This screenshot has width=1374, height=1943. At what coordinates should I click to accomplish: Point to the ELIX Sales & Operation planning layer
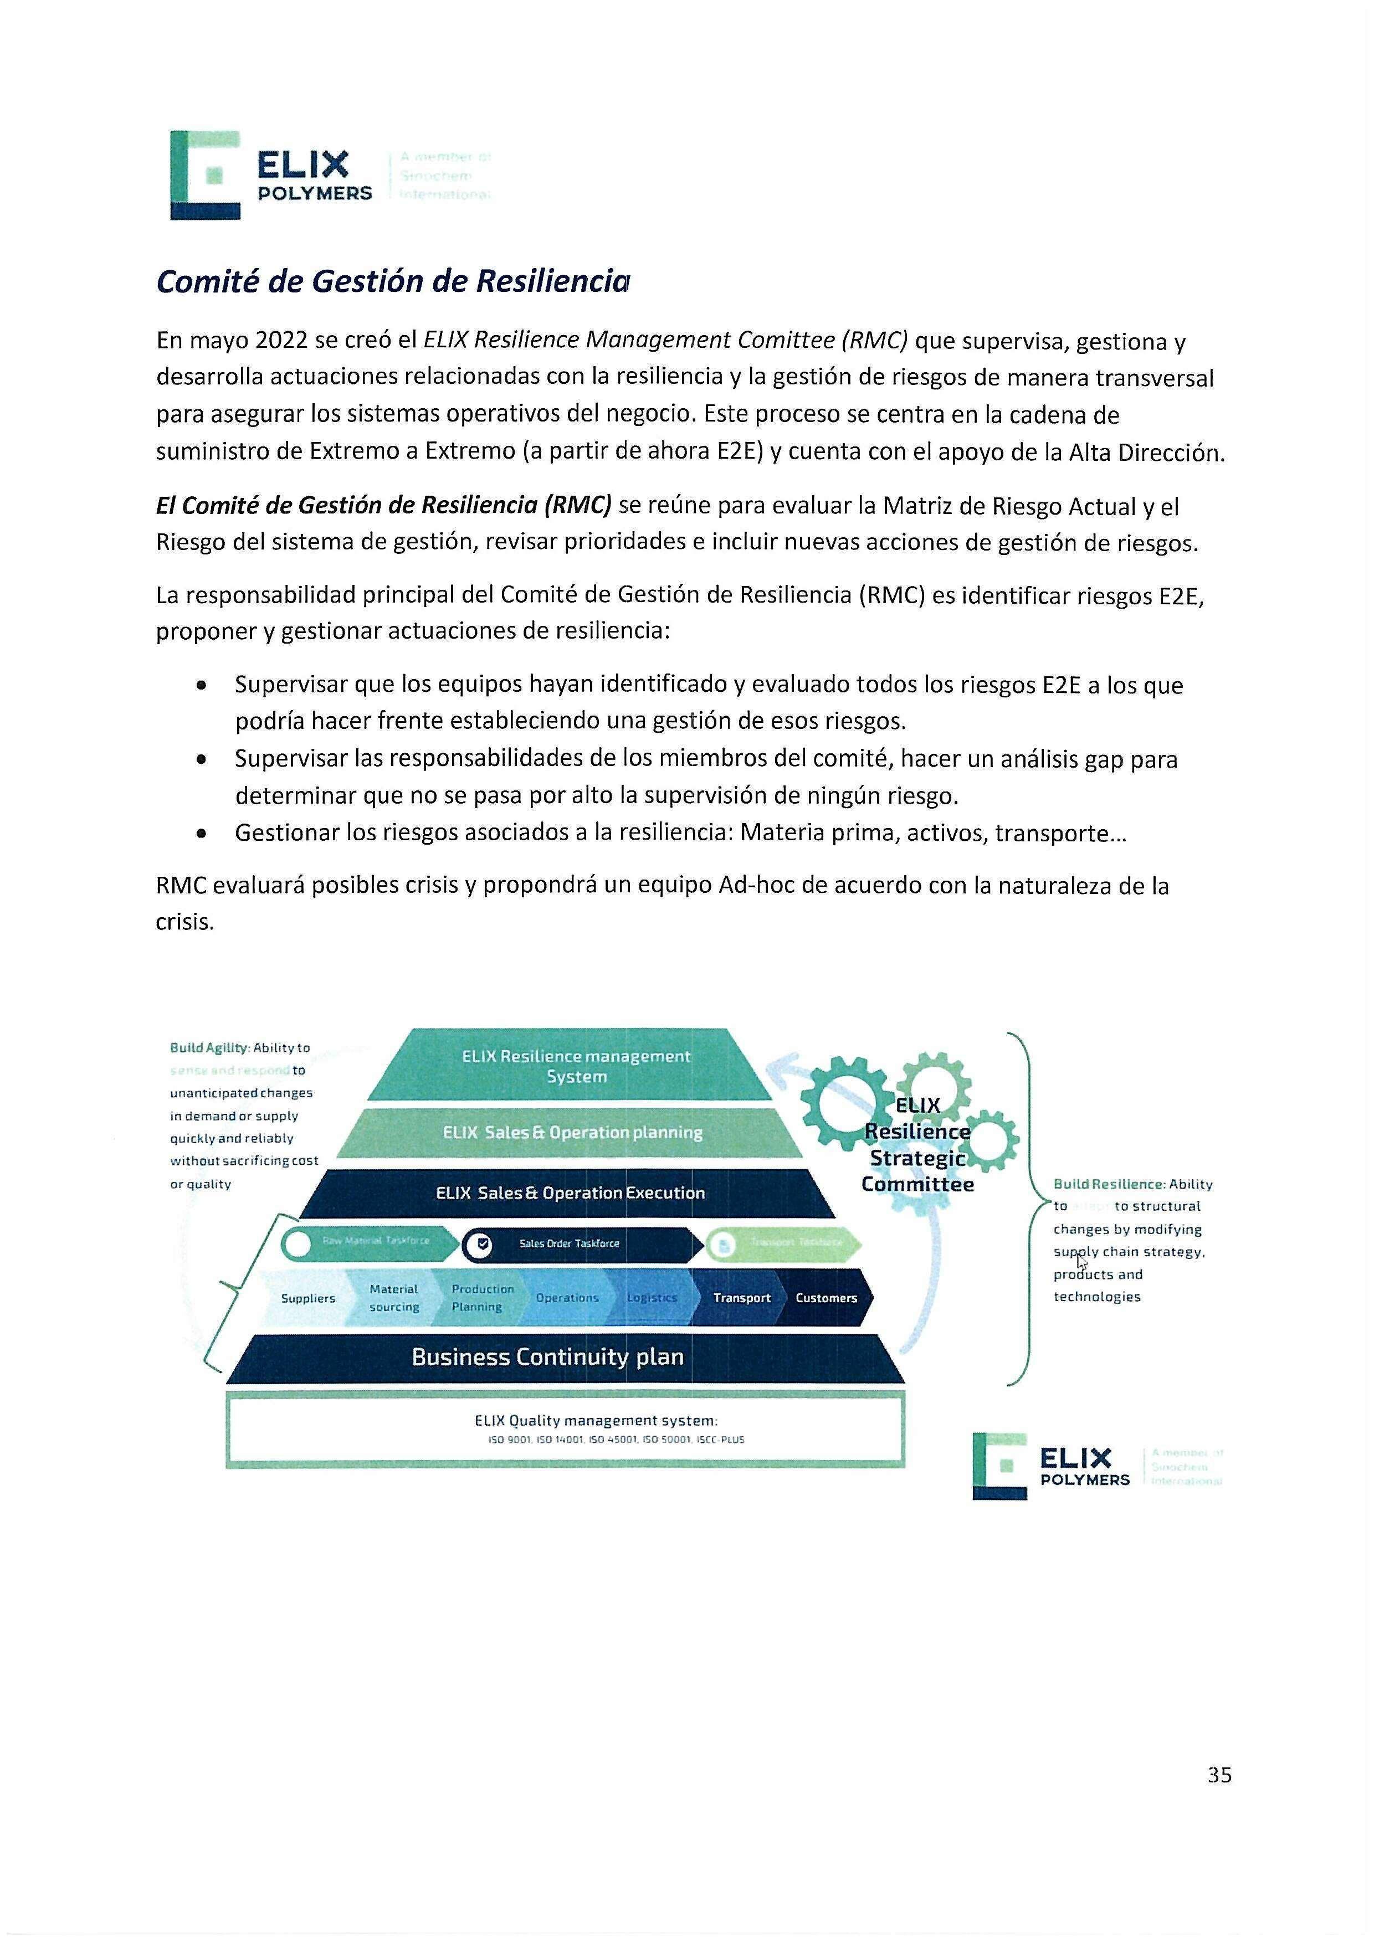coord(572,1132)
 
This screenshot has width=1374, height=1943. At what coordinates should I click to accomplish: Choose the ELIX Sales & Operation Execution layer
coord(570,1192)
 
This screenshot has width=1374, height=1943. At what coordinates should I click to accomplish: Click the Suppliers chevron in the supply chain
coord(307,1298)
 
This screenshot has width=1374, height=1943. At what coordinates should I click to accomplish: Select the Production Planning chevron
coord(481,1297)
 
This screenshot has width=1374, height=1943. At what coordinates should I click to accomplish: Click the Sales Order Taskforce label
coord(569,1243)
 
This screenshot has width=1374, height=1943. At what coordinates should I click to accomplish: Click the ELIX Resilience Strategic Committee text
coord(917,1145)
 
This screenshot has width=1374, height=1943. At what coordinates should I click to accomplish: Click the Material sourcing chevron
coord(394,1297)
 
